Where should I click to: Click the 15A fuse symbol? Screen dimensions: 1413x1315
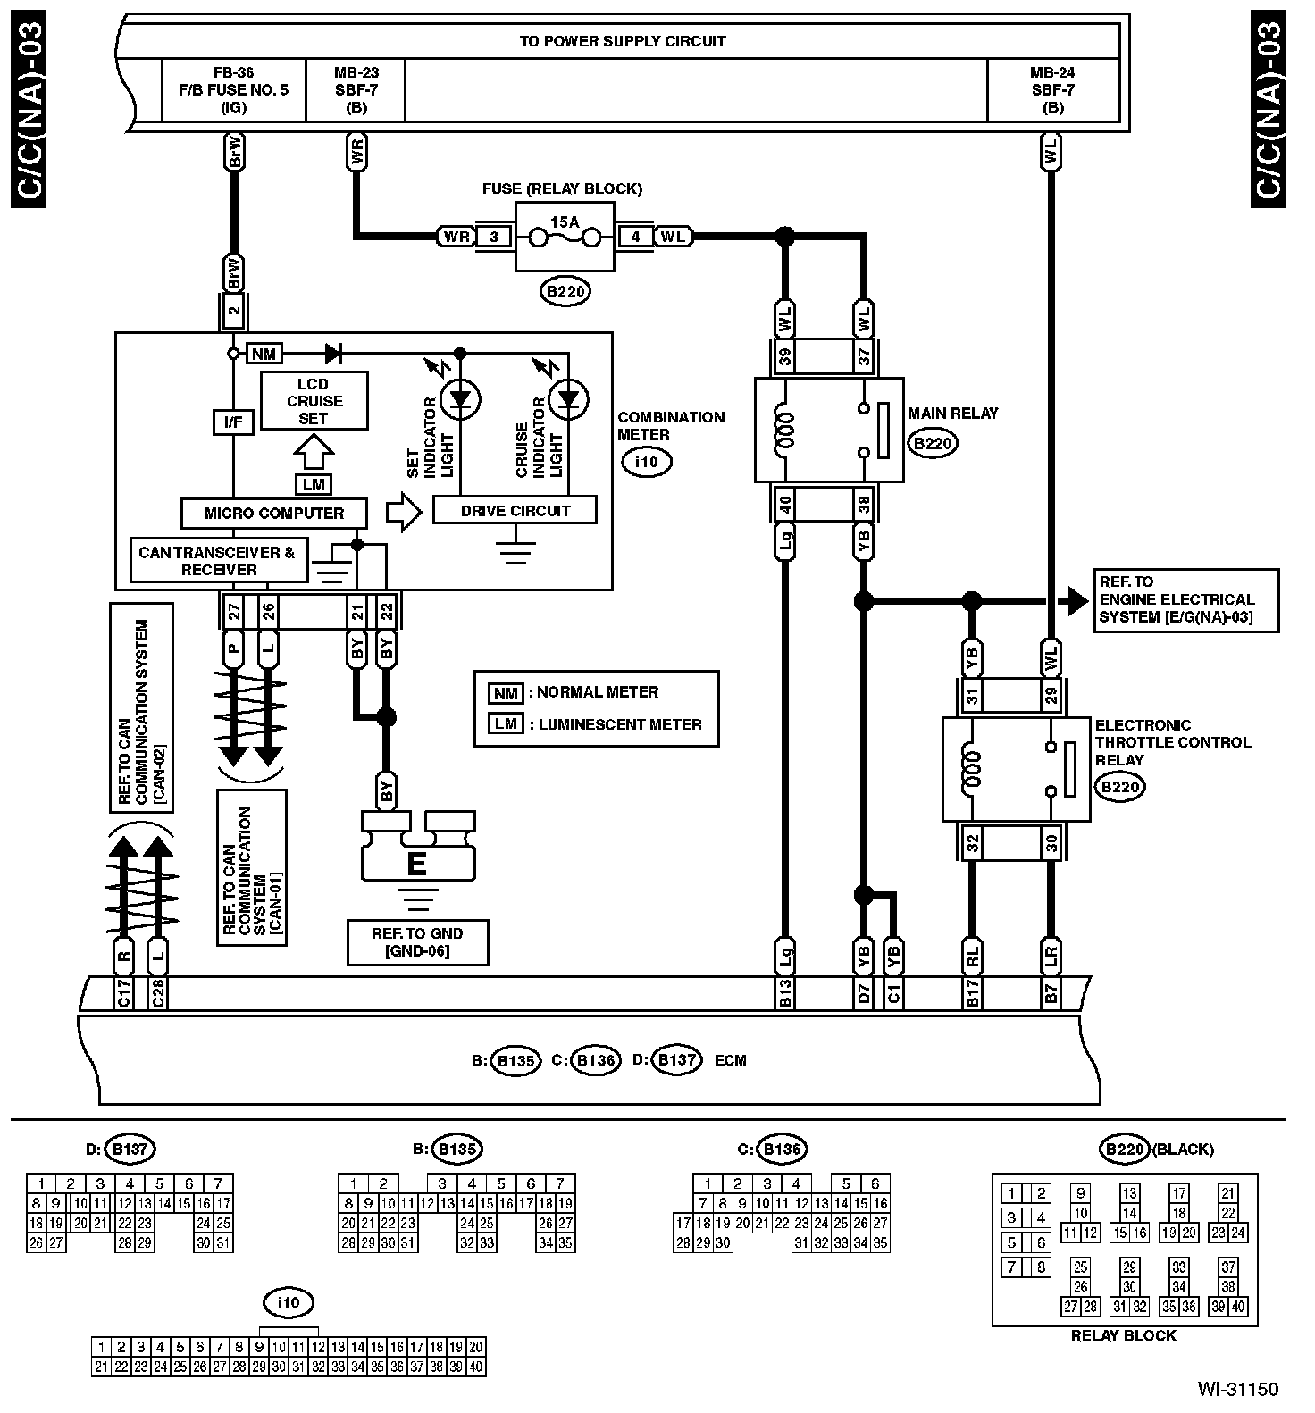[565, 237]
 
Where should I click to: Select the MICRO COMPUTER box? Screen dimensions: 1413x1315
[274, 514]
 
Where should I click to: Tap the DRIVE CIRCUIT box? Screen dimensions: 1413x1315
[515, 511]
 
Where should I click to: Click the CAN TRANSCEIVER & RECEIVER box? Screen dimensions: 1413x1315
[218, 561]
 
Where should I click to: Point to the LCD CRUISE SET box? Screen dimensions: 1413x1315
[314, 401]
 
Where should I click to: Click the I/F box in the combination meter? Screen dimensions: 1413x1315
[233, 422]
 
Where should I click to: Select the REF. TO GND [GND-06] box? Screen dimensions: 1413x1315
[417, 942]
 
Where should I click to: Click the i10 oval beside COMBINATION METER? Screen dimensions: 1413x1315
[645, 462]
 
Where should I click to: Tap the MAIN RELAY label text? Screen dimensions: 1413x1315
[952, 414]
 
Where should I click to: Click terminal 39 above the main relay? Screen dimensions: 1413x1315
[785, 357]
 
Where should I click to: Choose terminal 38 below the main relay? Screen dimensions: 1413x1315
[864, 506]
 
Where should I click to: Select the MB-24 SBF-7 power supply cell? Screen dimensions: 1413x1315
[1052, 89]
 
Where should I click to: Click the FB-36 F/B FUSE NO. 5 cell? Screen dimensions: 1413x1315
[233, 89]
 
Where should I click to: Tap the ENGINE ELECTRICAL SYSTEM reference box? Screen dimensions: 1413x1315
[1185, 599]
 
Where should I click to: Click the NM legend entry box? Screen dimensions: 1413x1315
[506, 692]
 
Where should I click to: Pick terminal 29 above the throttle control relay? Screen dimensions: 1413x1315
[1051, 694]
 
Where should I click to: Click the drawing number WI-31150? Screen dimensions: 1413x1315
[1236, 1389]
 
